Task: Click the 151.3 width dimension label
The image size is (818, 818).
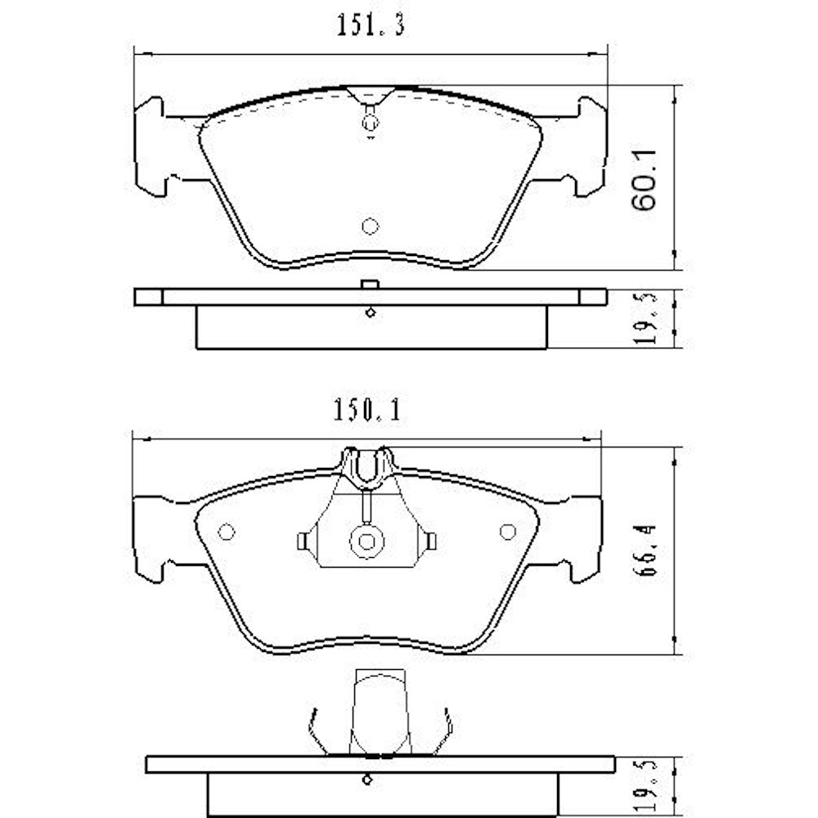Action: pyautogui.click(x=370, y=26)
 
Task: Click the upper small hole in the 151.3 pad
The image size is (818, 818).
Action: pyautogui.click(x=371, y=124)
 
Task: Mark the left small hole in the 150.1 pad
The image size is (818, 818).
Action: pyautogui.click(x=227, y=532)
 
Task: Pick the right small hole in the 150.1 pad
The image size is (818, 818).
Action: pyautogui.click(x=507, y=532)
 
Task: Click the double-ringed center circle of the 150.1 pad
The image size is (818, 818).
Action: pyautogui.click(x=366, y=541)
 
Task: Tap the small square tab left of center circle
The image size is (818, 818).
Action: pyautogui.click(x=302, y=541)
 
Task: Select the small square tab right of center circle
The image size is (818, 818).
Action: pyautogui.click(x=431, y=541)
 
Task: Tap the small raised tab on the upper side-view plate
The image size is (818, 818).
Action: pyautogui.click(x=369, y=284)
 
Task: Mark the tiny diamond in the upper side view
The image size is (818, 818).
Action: pyautogui.click(x=371, y=312)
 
